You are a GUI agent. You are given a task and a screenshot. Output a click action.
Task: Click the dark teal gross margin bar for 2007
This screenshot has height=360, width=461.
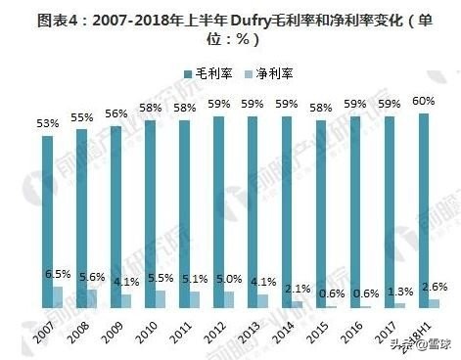tap(47, 221)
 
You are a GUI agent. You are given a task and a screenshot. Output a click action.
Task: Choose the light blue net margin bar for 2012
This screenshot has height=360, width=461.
tap(230, 299)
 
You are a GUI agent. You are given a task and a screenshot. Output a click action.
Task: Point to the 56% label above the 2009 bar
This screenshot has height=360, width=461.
tap(115, 115)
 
